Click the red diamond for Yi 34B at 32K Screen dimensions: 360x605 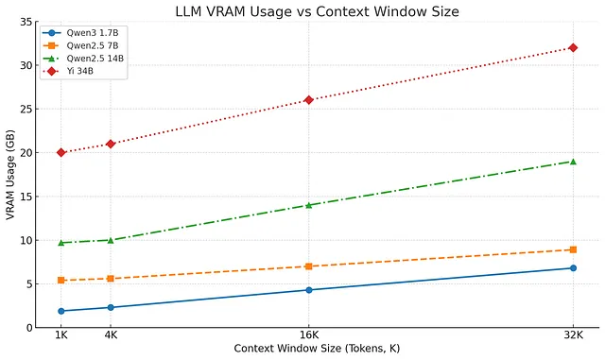pyautogui.click(x=573, y=47)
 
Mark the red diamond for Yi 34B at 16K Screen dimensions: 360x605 pyautogui.click(x=308, y=100)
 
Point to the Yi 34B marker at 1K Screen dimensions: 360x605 pyautogui.click(x=61, y=152)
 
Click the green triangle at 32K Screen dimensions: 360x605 pyautogui.click(x=573, y=162)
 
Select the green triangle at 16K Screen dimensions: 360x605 pyautogui.click(x=308, y=205)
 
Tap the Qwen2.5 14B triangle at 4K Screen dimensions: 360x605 pyautogui.click(x=111, y=240)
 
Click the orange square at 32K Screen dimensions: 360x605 pyautogui.click(x=573, y=249)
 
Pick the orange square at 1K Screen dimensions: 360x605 pyautogui.click(x=61, y=281)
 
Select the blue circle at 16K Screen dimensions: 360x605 pyautogui.click(x=308, y=290)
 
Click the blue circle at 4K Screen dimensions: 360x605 pyautogui.click(x=111, y=307)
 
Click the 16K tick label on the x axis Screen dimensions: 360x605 pyautogui.click(x=308, y=335)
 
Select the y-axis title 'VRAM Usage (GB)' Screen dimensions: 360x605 pyautogui.click(x=10, y=175)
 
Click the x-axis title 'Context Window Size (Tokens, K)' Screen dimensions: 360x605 pyautogui.click(x=317, y=349)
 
